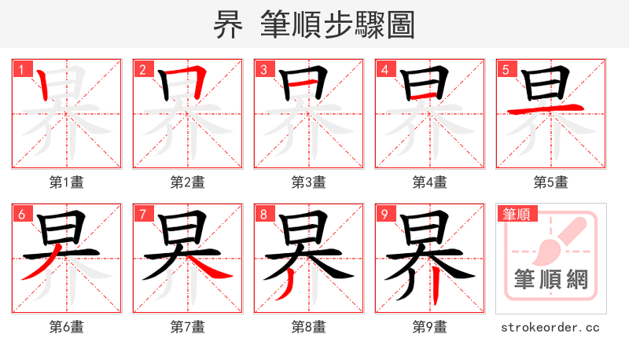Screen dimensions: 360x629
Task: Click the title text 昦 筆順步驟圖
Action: click(x=314, y=25)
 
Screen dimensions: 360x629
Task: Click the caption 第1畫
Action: click(x=66, y=182)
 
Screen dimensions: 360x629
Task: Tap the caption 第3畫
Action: click(x=308, y=182)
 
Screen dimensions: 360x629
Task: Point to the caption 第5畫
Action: click(x=550, y=182)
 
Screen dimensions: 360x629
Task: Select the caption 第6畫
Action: click(x=66, y=327)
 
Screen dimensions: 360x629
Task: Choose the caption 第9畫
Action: click(x=429, y=327)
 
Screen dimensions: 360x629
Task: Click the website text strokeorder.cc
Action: click(x=550, y=327)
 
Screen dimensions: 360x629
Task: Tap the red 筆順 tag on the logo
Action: click(x=516, y=214)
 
